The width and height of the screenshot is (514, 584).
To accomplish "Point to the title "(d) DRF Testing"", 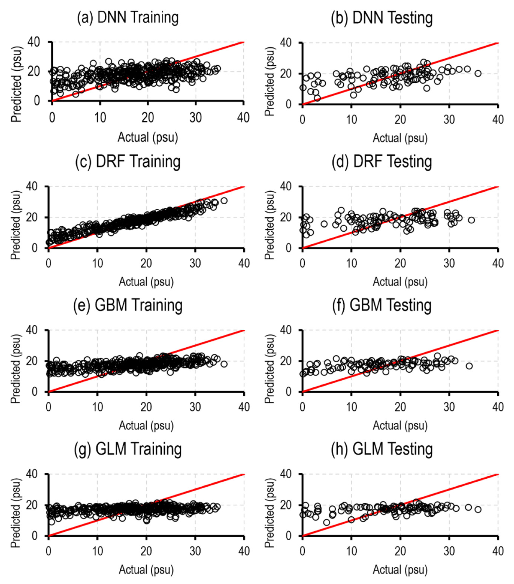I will [382, 162].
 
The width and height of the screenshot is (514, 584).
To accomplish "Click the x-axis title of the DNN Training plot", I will [148, 137].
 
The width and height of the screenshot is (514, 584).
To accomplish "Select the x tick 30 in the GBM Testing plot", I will [449, 407].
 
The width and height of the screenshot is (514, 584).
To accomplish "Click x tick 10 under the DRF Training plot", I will [97, 263].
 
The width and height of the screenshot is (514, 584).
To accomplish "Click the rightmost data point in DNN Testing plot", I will [478, 73].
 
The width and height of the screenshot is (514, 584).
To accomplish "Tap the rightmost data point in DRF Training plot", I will [224, 201].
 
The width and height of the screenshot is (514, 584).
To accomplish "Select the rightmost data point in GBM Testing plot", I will [469, 366].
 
